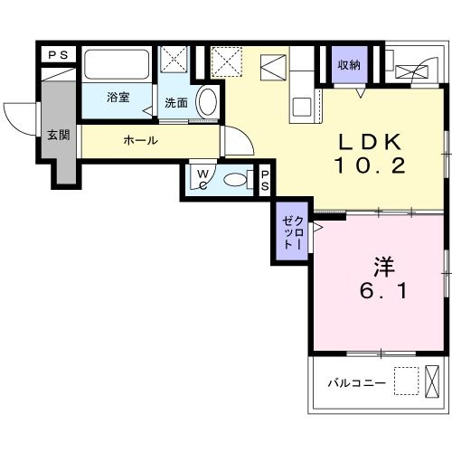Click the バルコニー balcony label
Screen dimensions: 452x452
pyautogui.click(x=356, y=383)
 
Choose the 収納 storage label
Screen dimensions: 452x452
pyautogui.click(x=349, y=64)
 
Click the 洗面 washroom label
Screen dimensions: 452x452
pyautogui.click(x=177, y=102)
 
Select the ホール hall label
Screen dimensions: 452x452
pyautogui.click(x=140, y=140)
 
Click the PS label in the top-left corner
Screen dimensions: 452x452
pyautogui.click(x=59, y=55)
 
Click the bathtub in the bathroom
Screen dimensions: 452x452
pyautogui.click(x=118, y=64)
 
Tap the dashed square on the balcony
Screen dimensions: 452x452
pyautogui.click(x=408, y=382)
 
